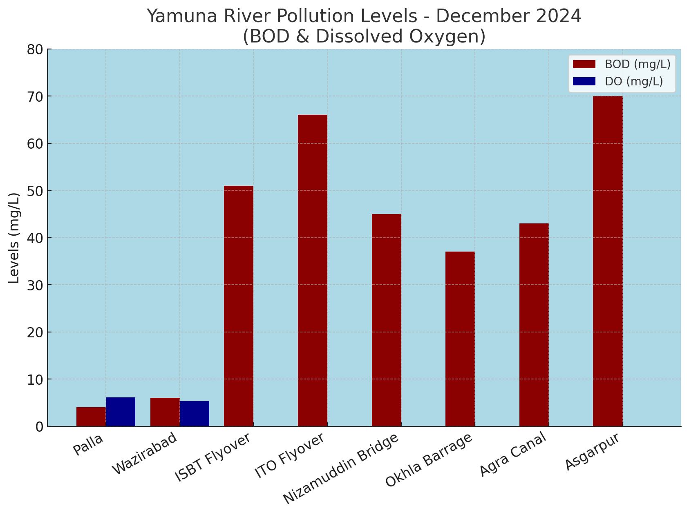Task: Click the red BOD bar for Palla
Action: pos(91,417)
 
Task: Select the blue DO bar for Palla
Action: pos(121,412)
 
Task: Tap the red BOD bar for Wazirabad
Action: pos(165,412)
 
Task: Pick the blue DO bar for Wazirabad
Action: pos(195,414)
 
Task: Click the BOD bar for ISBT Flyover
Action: pos(239,306)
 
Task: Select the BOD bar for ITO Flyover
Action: pos(313,270)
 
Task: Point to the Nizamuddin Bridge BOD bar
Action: pos(387,320)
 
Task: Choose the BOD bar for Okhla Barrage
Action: pos(460,339)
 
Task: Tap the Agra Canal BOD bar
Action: pos(534,325)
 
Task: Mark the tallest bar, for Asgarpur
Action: pos(608,261)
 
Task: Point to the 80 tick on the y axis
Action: pos(35,50)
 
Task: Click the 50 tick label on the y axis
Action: pos(35,191)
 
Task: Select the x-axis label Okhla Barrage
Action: pos(429,460)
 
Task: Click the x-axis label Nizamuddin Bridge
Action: pos(341,468)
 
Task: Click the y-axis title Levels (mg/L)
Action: pos(14,238)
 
